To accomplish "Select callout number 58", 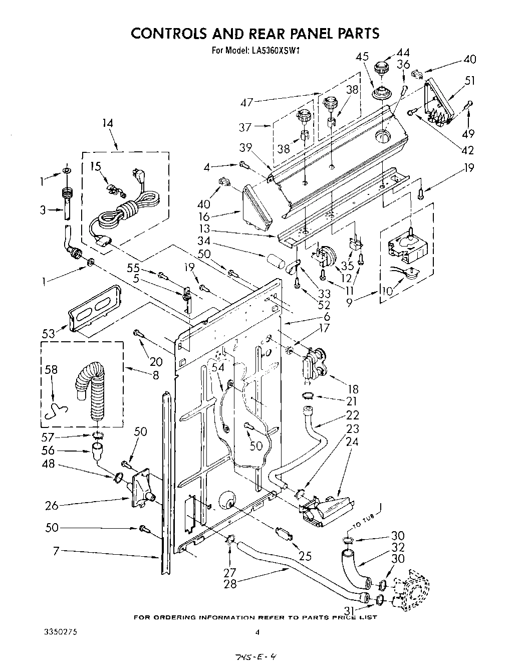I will tap(51, 370).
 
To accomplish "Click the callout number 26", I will tap(51, 505).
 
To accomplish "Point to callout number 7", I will tap(56, 551).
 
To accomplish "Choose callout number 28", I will tap(231, 583).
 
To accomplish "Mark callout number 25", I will tap(305, 555).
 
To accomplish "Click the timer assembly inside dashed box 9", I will tap(407, 250).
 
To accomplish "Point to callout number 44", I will tap(403, 52).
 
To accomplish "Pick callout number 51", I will tap(470, 81).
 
